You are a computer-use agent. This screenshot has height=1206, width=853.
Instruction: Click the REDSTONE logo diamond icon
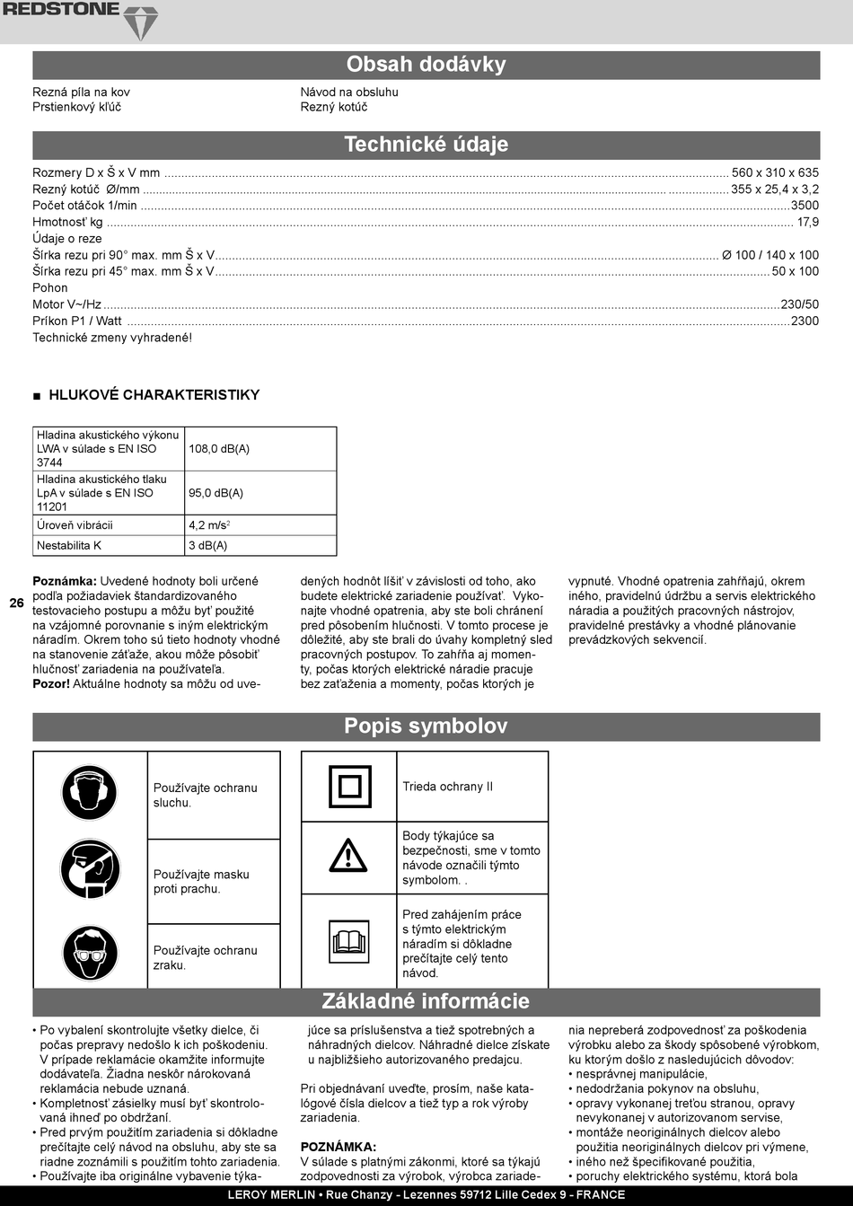(139, 22)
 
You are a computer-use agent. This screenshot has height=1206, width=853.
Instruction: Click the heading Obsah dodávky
(426, 65)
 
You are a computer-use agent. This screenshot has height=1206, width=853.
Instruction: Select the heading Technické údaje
(426, 145)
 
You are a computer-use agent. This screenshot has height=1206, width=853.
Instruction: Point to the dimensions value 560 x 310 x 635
(775, 172)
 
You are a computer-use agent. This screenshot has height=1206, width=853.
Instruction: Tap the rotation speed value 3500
(805, 206)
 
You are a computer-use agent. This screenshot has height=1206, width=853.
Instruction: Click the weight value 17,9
(808, 222)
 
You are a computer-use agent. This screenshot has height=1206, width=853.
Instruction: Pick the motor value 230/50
(800, 304)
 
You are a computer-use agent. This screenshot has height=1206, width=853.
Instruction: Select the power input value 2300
(805, 321)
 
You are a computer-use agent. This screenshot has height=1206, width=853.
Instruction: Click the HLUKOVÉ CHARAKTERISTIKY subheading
(154, 395)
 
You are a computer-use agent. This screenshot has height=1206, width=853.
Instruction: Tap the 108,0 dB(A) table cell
(219, 449)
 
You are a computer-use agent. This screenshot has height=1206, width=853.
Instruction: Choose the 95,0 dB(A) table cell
(215, 493)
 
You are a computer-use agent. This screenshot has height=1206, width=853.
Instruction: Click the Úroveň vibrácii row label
(75, 525)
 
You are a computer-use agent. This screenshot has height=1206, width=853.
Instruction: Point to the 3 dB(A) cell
(207, 546)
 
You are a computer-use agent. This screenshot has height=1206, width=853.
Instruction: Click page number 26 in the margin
(17, 603)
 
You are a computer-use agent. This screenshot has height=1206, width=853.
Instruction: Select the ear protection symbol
(90, 792)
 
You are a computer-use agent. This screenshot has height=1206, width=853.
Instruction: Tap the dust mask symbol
(90, 870)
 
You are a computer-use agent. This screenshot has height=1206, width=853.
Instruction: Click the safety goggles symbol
(90, 954)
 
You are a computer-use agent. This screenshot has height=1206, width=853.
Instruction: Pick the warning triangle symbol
(348, 856)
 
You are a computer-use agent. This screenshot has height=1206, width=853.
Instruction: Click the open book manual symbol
(348, 941)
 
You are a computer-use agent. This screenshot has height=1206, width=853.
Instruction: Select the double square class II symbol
(348, 787)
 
